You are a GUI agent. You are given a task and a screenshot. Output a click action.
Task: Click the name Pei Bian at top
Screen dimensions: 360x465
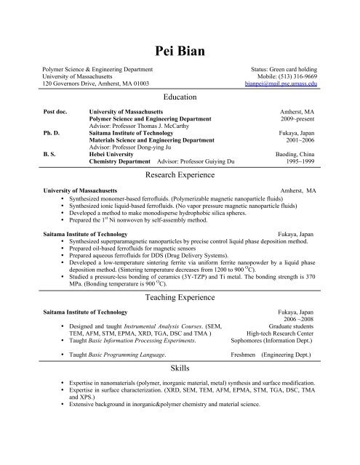180,49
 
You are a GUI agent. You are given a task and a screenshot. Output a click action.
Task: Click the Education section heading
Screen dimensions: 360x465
180,97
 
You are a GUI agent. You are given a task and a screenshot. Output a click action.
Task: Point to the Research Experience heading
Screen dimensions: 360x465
180,175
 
